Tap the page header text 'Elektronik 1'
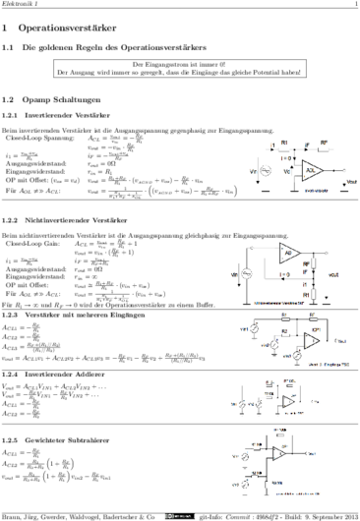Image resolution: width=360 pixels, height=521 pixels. point(18,5)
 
